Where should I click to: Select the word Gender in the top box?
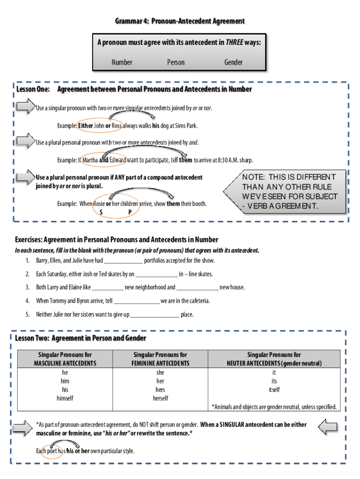click(233, 62)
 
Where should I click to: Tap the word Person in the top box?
click(176, 62)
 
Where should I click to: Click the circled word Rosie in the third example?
click(99, 204)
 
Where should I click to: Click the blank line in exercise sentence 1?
click(123, 261)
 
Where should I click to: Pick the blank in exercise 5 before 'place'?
click(155, 315)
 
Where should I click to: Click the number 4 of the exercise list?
click(28, 301)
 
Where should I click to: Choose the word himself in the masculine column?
click(65, 399)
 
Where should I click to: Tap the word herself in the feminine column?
click(160, 399)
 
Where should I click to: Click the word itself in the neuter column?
click(274, 390)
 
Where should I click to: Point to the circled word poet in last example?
click(50, 451)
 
